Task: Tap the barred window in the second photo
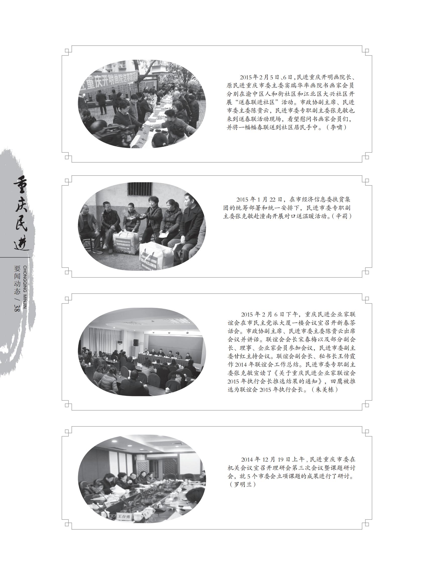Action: click(140, 189)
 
